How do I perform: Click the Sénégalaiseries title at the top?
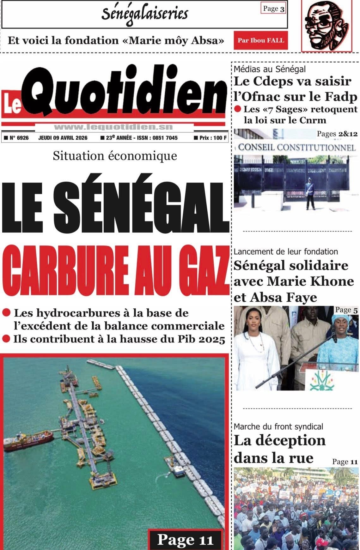[145, 13]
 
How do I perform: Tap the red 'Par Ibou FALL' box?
[261, 40]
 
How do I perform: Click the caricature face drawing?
[326, 26]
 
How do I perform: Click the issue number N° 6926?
[19, 138]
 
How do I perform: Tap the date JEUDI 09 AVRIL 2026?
[63, 138]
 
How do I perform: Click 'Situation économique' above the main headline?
[115, 156]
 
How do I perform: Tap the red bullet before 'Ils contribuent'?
[6, 339]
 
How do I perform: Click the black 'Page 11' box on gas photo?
[185, 540]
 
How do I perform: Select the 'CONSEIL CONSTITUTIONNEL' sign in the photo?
[296, 147]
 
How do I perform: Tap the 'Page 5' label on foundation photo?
[346, 310]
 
